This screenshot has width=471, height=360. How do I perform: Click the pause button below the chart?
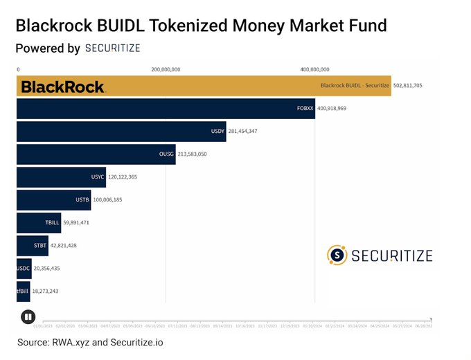click(28, 317)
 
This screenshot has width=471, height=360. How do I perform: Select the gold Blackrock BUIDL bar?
click(208, 87)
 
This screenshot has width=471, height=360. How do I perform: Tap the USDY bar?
click(121, 131)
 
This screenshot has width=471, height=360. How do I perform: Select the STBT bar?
click(33, 245)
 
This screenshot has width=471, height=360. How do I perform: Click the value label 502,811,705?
click(408, 86)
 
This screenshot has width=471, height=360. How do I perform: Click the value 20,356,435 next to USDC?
click(51, 268)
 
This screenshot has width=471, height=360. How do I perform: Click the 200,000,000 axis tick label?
click(166, 69)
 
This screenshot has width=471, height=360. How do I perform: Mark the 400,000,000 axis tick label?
click(314, 69)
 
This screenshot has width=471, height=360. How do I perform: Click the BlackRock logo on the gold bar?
click(62, 87)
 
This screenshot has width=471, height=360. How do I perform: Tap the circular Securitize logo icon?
click(337, 255)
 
